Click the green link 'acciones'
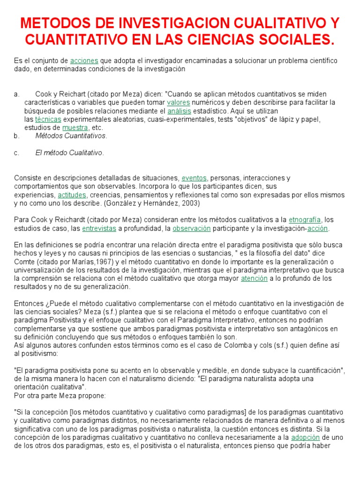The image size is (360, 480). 84,61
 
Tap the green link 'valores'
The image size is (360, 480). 178,102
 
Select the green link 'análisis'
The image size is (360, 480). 180,111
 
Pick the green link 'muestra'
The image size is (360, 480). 75,127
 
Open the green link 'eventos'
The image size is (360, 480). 194,178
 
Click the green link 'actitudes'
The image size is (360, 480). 72,195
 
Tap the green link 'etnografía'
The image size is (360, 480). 305,220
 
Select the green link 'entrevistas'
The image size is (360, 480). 99,228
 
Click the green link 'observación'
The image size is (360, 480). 192,228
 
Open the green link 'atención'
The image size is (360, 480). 254,278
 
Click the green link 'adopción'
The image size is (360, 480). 305,437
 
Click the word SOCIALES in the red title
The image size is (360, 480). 290,40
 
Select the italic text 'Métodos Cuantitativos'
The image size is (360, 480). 71,136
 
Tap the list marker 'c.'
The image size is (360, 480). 16,153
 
